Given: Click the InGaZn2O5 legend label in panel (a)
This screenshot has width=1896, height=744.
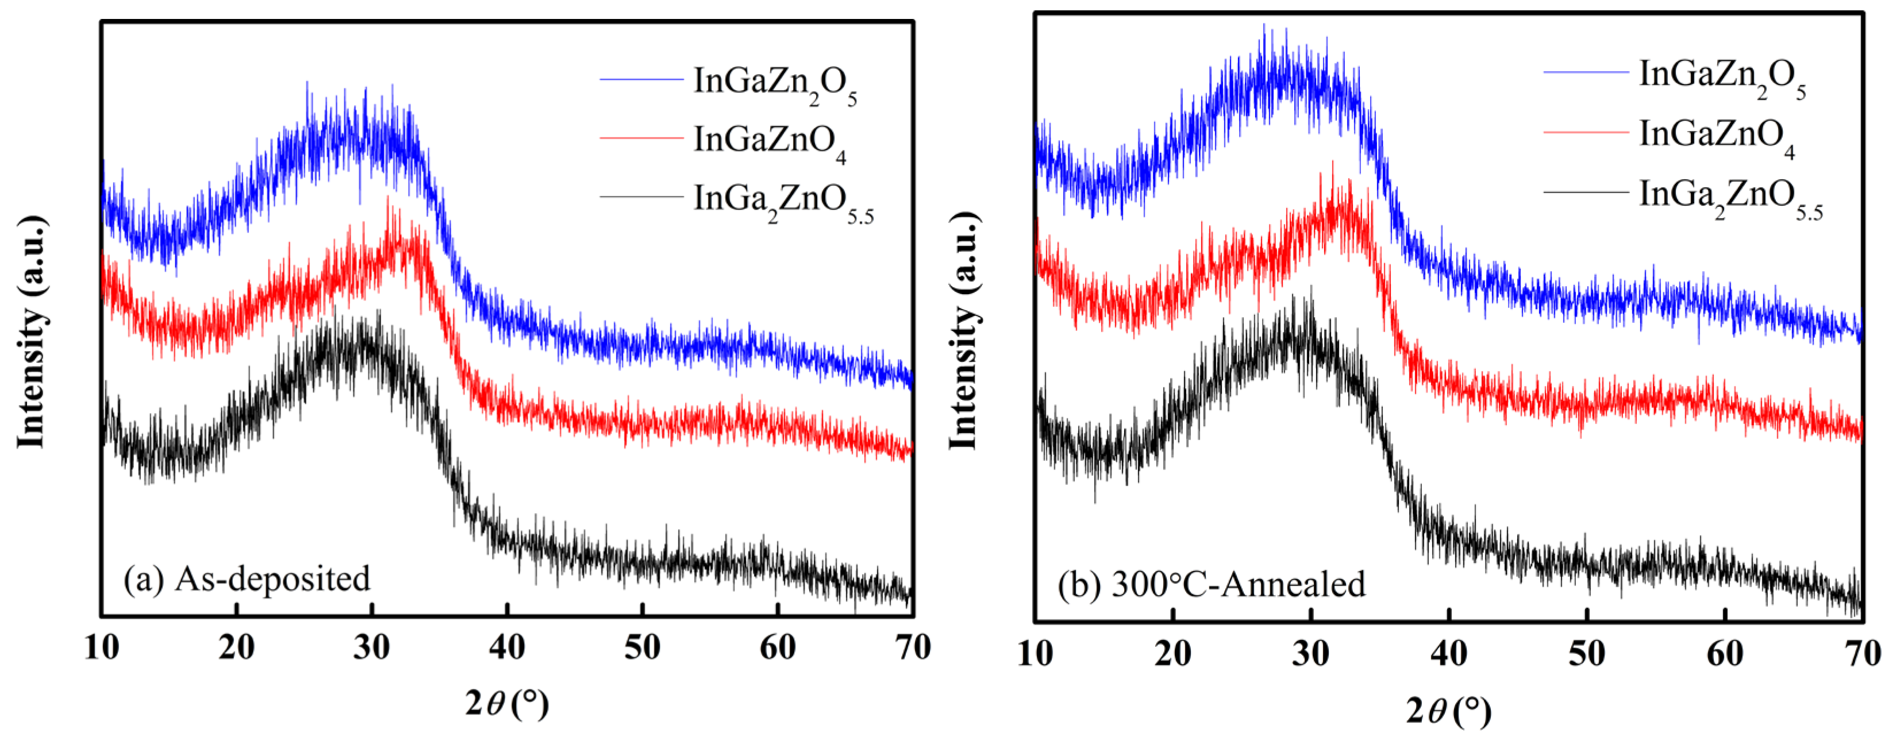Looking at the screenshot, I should coord(774,82).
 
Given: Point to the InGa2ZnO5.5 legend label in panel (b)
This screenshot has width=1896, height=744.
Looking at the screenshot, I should coord(1730,196).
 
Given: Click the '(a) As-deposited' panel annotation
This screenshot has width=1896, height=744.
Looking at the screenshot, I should coord(247,579).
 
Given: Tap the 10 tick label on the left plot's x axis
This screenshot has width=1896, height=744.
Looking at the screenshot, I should coord(102,648).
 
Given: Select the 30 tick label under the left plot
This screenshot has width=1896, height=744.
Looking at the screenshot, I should coord(372,648).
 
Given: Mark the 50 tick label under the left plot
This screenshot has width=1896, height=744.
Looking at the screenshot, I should coord(643,648).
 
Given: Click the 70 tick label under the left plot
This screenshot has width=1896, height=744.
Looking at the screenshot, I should coord(913,648).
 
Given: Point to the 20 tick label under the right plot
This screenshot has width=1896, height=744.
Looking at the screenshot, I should coord(1172,653).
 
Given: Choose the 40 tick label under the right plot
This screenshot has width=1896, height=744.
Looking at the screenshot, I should coord(1448,653).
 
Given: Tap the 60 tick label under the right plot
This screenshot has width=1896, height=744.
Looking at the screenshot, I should coord(1725,653).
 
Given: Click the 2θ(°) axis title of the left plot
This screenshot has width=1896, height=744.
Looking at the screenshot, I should coord(507,705).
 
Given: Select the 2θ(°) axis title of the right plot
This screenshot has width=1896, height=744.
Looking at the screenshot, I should coord(1448,711).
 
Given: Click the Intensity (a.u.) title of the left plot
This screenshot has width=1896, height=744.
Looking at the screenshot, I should coord(32,331).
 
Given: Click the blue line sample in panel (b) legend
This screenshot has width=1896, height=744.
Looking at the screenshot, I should coord(1586,72).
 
